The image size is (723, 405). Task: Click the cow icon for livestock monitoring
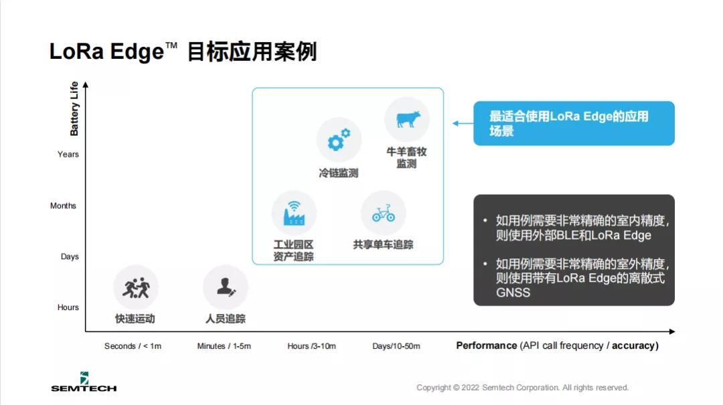[x=408, y=119]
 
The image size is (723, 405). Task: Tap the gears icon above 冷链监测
[x=339, y=140]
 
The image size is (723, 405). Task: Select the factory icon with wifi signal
[x=294, y=213]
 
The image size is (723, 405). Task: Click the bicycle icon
[x=384, y=213]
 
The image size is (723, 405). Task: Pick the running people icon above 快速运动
[x=136, y=287]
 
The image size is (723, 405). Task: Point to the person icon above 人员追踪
[x=226, y=287]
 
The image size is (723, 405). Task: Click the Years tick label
[x=68, y=154]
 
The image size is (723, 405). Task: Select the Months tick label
[x=63, y=206]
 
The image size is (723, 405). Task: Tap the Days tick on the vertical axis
[x=70, y=256]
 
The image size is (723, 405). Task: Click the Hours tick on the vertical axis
[x=68, y=307]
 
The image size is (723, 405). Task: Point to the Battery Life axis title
[x=74, y=108]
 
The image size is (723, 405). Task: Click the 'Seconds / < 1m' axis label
[x=133, y=346]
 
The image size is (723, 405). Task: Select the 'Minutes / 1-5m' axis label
[x=224, y=346]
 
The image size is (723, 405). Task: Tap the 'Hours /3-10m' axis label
[x=312, y=346]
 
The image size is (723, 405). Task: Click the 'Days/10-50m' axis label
[x=396, y=346]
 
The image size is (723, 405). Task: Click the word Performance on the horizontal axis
[x=487, y=345]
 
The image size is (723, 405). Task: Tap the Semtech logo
[x=84, y=382]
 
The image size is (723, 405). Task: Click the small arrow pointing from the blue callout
[x=463, y=123]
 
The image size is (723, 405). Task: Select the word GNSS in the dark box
[x=513, y=293]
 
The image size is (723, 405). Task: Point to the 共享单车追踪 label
[x=383, y=244]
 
